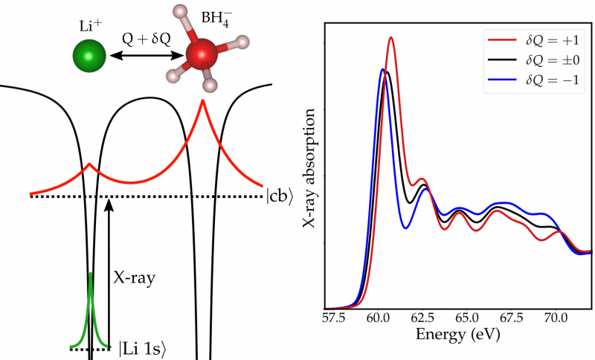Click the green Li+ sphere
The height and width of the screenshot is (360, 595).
tap(89, 57)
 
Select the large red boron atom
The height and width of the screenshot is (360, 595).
tap(201, 57)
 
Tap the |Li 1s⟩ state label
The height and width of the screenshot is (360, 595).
tap(147, 347)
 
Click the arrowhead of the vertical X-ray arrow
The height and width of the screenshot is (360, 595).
tap(109, 203)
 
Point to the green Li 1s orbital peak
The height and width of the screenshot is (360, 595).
tap(90, 279)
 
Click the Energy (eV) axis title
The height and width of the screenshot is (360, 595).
tap(457, 338)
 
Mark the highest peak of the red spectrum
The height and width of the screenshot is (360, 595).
tap(391, 38)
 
